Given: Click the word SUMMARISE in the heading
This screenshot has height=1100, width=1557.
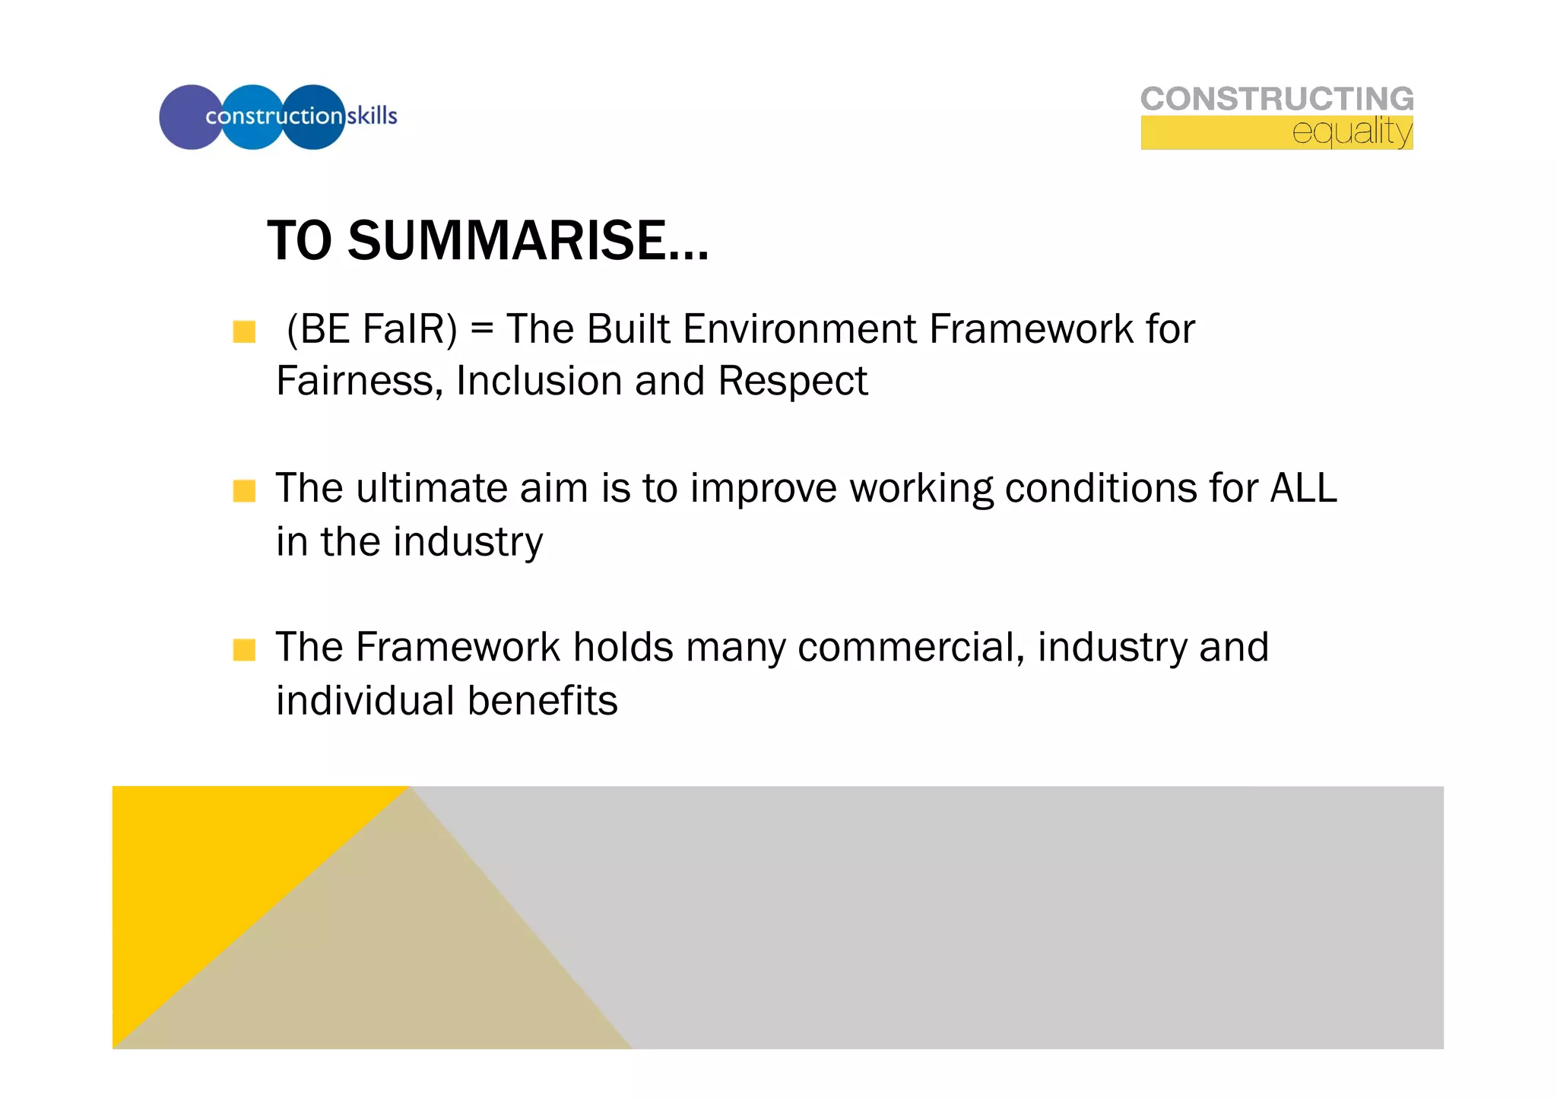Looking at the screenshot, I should tap(528, 241).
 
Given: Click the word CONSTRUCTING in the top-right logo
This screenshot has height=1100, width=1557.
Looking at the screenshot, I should tap(1276, 99).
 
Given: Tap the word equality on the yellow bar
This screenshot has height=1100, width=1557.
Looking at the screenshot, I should tap(1352, 132).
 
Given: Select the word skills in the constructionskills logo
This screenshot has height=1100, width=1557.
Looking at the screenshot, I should tap(372, 116).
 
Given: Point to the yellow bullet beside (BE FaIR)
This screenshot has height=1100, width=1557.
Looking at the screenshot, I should tap(244, 332).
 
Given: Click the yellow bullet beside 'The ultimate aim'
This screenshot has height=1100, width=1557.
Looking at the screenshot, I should tap(244, 491).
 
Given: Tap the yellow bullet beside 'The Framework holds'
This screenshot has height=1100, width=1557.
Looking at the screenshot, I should tap(244, 650).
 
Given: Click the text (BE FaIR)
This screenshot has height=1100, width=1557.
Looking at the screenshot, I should tap(371, 330).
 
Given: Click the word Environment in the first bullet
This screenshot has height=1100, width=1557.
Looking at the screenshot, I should tap(799, 330).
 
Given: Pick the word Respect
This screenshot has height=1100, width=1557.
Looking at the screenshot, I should tap(792, 382).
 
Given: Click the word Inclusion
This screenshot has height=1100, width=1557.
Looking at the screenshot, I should tap(538, 382).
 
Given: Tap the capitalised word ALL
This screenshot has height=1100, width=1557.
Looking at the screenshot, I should tap(1303, 489).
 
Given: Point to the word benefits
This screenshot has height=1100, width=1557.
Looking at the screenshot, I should tap(542, 701).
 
